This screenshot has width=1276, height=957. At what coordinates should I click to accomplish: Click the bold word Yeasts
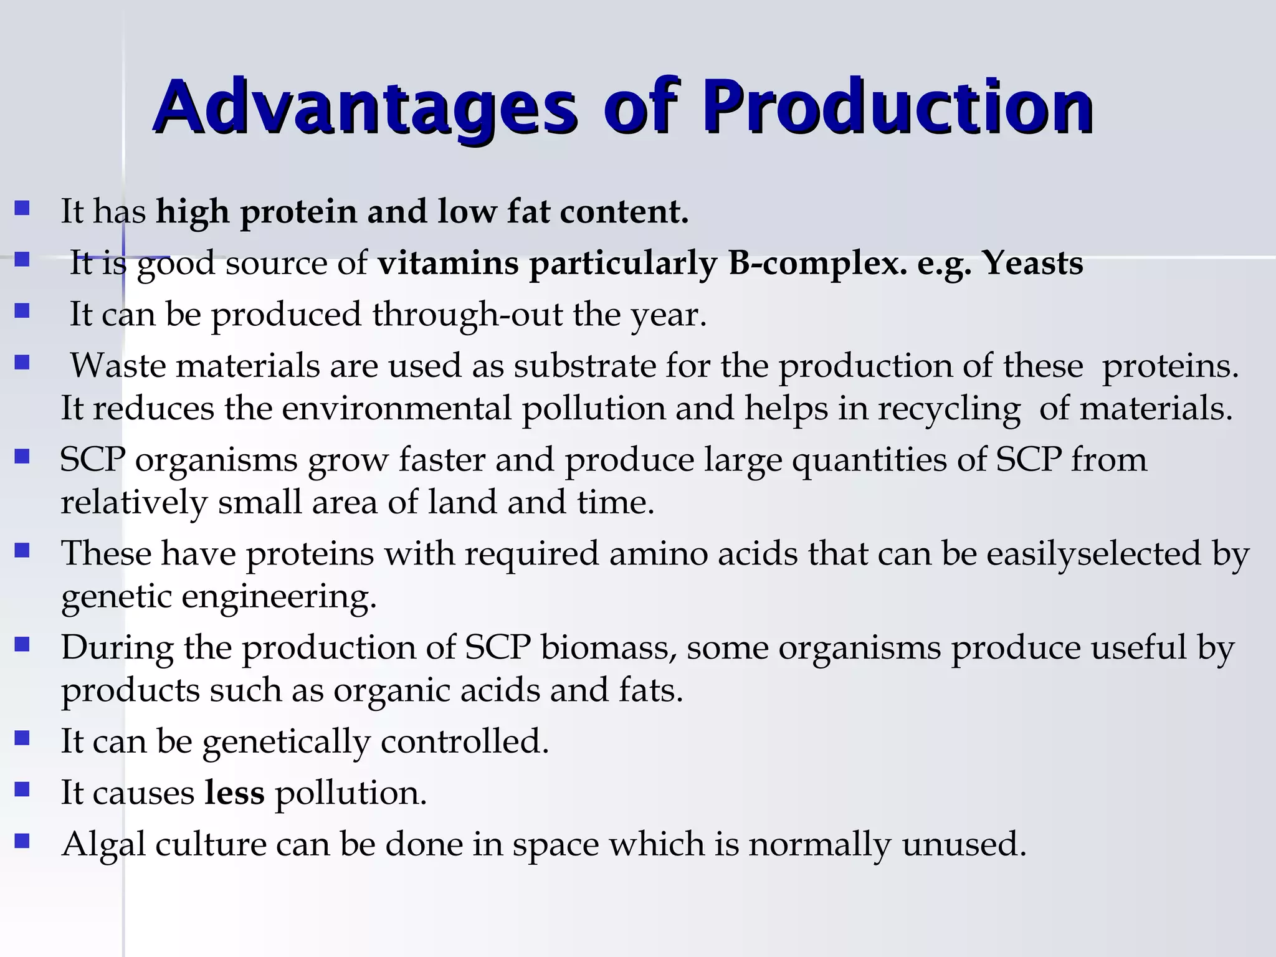(1032, 263)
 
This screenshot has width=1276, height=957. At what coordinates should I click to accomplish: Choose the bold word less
(234, 793)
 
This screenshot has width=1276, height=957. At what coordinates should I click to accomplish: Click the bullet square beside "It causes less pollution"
(22, 790)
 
